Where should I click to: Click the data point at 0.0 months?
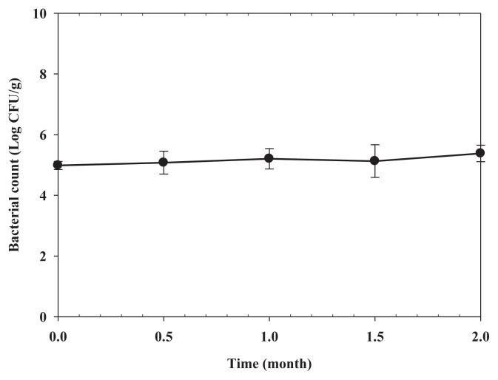point(58,165)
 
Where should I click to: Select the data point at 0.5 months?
point(164,162)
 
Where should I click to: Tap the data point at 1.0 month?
point(269,158)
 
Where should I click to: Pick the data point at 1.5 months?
point(375,160)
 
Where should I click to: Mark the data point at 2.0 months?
point(480,153)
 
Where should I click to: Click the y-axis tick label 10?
point(41,14)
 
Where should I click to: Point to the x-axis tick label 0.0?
point(58,336)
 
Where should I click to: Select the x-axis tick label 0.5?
point(164,336)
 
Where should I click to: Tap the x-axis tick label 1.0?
point(269,336)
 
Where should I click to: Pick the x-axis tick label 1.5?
point(375,336)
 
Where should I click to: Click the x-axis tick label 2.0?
point(480,336)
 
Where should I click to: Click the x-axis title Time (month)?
point(269,364)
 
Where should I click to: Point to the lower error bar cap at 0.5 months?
point(164,174)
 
